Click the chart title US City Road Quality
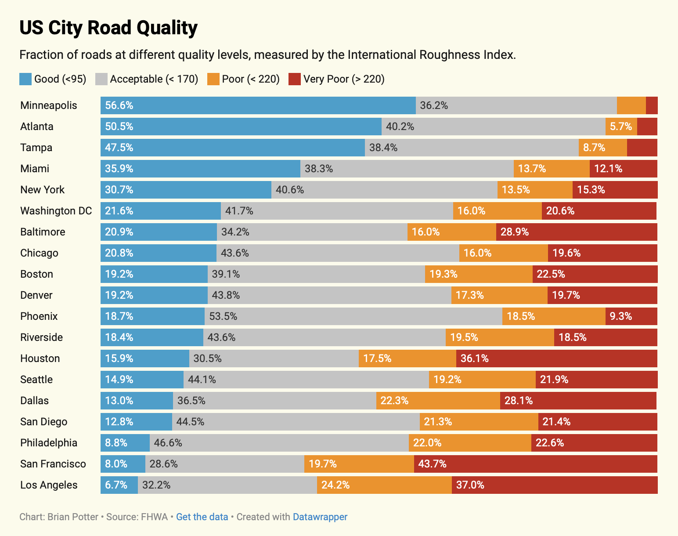point(108,28)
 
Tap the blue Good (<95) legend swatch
point(26,79)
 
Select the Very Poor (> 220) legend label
point(344,79)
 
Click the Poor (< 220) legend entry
point(251,79)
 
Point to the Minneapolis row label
point(49,105)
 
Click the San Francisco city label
point(53,464)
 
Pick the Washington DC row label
point(56,211)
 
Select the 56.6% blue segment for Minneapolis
point(258,105)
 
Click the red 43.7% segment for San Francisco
point(536,464)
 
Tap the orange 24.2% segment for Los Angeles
point(384,485)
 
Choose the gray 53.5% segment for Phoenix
point(353,316)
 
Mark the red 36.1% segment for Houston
point(557,359)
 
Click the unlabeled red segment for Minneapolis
point(652,105)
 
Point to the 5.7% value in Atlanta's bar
point(621,127)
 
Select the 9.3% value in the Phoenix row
point(621,316)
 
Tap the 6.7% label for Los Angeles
point(116,485)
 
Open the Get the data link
point(202,517)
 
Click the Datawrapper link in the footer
point(320,517)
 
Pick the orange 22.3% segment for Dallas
point(438,401)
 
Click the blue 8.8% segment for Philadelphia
point(125,443)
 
